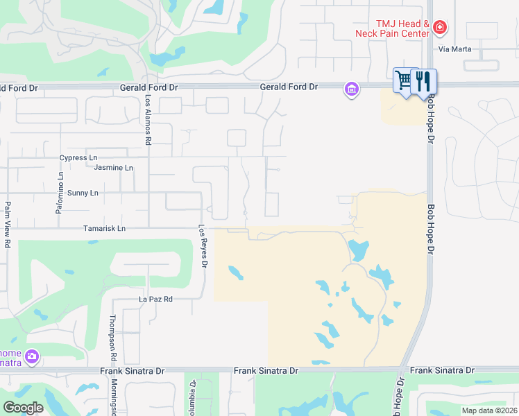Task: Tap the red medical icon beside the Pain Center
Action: click(x=439, y=28)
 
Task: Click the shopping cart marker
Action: click(x=403, y=80)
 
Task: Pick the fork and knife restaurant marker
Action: click(x=423, y=81)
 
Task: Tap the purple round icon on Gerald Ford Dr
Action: click(x=352, y=89)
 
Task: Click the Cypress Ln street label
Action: click(x=78, y=158)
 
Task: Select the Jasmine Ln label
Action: click(x=113, y=168)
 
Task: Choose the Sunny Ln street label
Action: click(x=84, y=193)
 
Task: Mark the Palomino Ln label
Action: click(x=61, y=183)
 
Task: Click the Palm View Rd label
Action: click(x=8, y=224)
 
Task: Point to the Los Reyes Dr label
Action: click(x=203, y=246)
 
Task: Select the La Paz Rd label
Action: click(x=155, y=300)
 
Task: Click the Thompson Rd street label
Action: click(x=112, y=338)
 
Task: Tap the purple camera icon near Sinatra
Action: click(x=31, y=357)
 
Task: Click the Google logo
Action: click(x=23, y=407)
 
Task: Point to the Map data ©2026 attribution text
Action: click(x=488, y=410)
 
